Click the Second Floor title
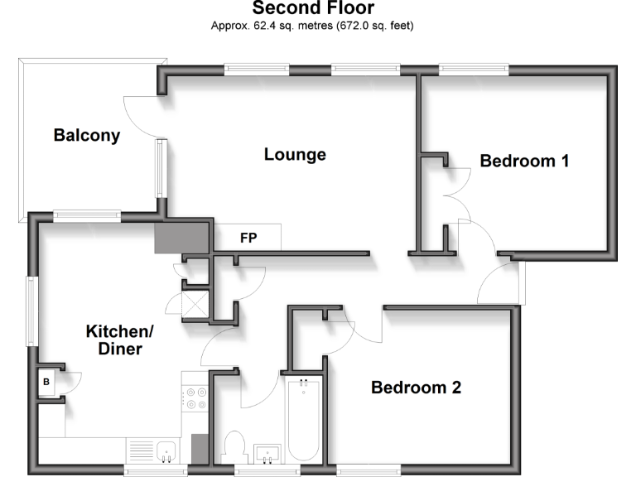tap(313, 9)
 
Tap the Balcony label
tap(87, 135)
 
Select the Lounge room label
tap(295, 154)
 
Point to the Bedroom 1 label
tap(524, 161)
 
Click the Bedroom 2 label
tap(416, 387)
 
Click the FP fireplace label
tap(248, 238)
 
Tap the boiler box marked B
tap(46, 383)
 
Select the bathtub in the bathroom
tap(302, 419)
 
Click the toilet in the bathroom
tap(235, 448)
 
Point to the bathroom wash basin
tap(268, 453)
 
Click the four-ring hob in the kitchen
tap(195, 398)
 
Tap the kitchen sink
tap(167, 450)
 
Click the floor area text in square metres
tap(313, 26)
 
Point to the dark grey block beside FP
tap(182, 239)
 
